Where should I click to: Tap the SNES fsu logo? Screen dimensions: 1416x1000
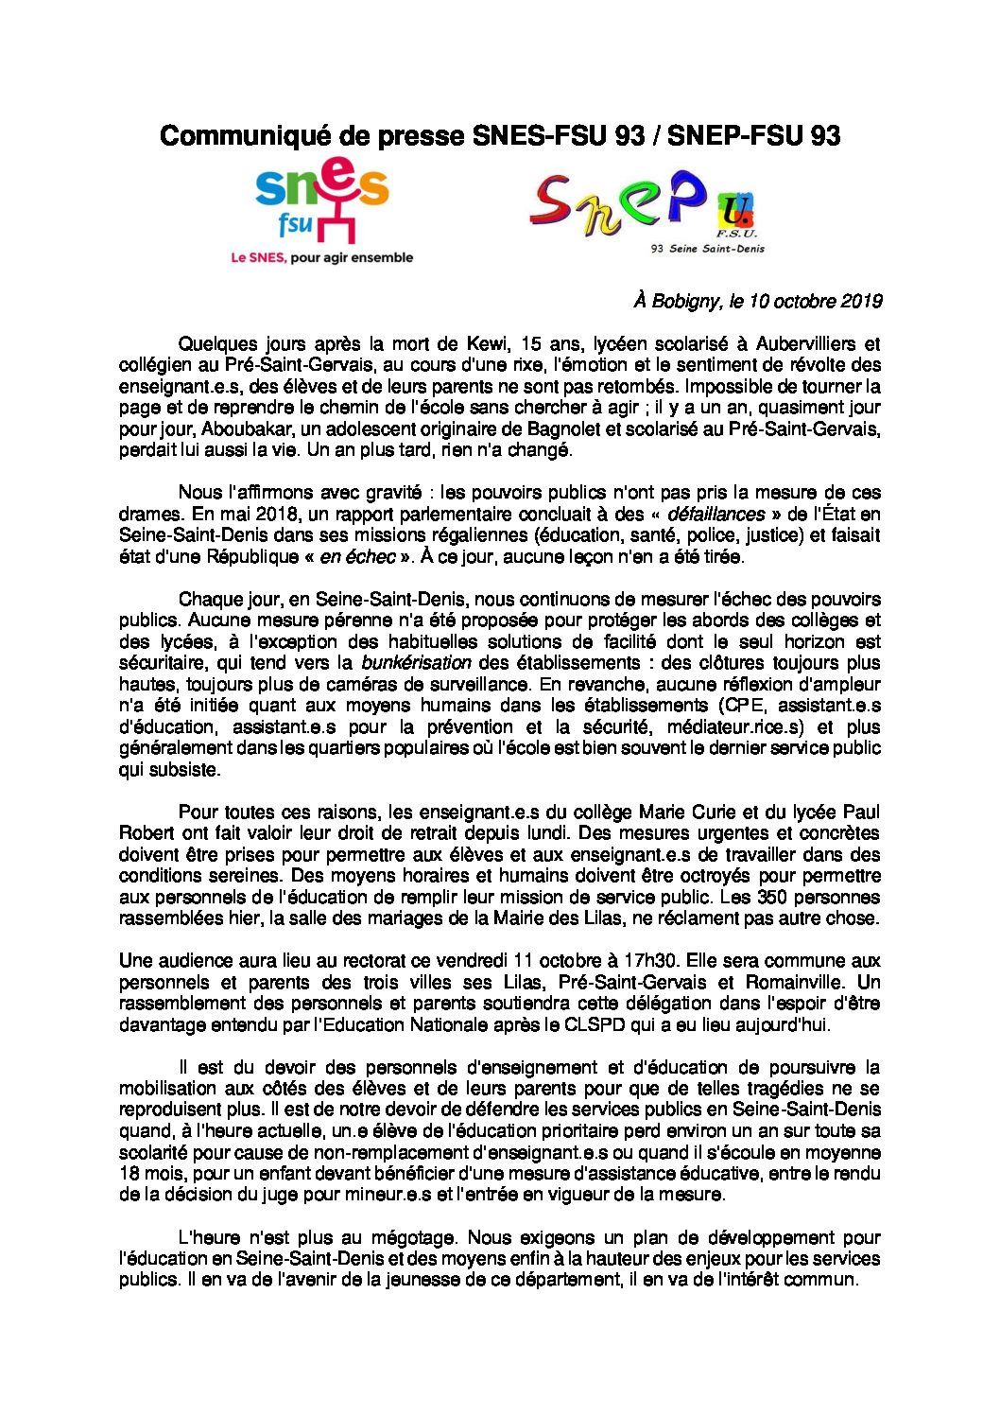[x=322, y=204]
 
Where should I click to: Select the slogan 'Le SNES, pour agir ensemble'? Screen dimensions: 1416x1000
[x=322, y=257]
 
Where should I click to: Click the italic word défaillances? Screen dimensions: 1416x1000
[x=716, y=515]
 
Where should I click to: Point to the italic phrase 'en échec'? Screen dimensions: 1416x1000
[x=357, y=557]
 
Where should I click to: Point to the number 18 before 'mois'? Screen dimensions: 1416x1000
[x=129, y=1173]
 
